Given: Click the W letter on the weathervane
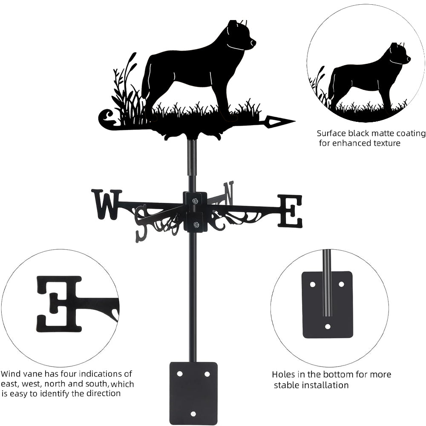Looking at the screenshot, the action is pyautogui.click(x=106, y=204).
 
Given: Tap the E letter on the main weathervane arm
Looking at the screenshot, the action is pyautogui.click(x=290, y=211).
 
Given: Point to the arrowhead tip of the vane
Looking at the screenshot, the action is pyautogui.click(x=295, y=121).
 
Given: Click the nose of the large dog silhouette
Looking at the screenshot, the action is pyautogui.click(x=254, y=42).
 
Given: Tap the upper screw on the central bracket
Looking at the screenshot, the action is pyautogui.click(x=195, y=201).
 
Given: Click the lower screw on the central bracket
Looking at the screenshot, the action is pyautogui.click(x=196, y=225).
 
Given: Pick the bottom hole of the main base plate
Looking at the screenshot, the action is pyautogui.click(x=193, y=414).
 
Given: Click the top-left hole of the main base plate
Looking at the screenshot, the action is pyautogui.click(x=180, y=374).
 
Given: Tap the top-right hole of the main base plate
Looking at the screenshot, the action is pyautogui.click(x=207, y=374).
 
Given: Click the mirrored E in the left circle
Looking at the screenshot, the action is pyautogui.click(x=59, y=304).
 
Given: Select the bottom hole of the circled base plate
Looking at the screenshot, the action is pyautogui.click(x=328, y=326).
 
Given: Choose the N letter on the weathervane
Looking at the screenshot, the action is pyautogui.click(x=229, y=193).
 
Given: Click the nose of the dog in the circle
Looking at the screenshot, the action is pyautogui.click(x=409, y=59).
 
